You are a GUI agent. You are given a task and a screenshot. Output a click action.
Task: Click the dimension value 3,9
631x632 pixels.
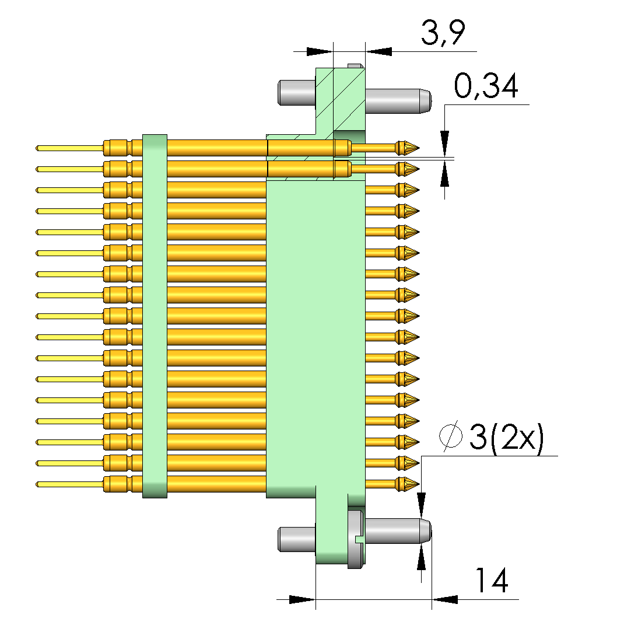point(443,34)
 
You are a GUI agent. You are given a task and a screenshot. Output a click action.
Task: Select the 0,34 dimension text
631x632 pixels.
point(485,88)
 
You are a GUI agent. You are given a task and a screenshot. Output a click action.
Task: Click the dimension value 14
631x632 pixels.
point(491,581)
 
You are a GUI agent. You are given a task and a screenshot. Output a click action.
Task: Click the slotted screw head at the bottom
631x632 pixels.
point(356,539)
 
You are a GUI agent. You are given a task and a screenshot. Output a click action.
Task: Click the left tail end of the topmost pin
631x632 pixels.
point(38,148)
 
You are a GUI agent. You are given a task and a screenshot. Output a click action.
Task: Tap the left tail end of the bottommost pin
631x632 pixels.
point(38,484)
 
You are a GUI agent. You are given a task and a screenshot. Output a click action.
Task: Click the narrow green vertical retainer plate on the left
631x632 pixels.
point(155,315)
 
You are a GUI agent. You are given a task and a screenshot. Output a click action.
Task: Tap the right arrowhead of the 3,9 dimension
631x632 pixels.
point(378,51)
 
